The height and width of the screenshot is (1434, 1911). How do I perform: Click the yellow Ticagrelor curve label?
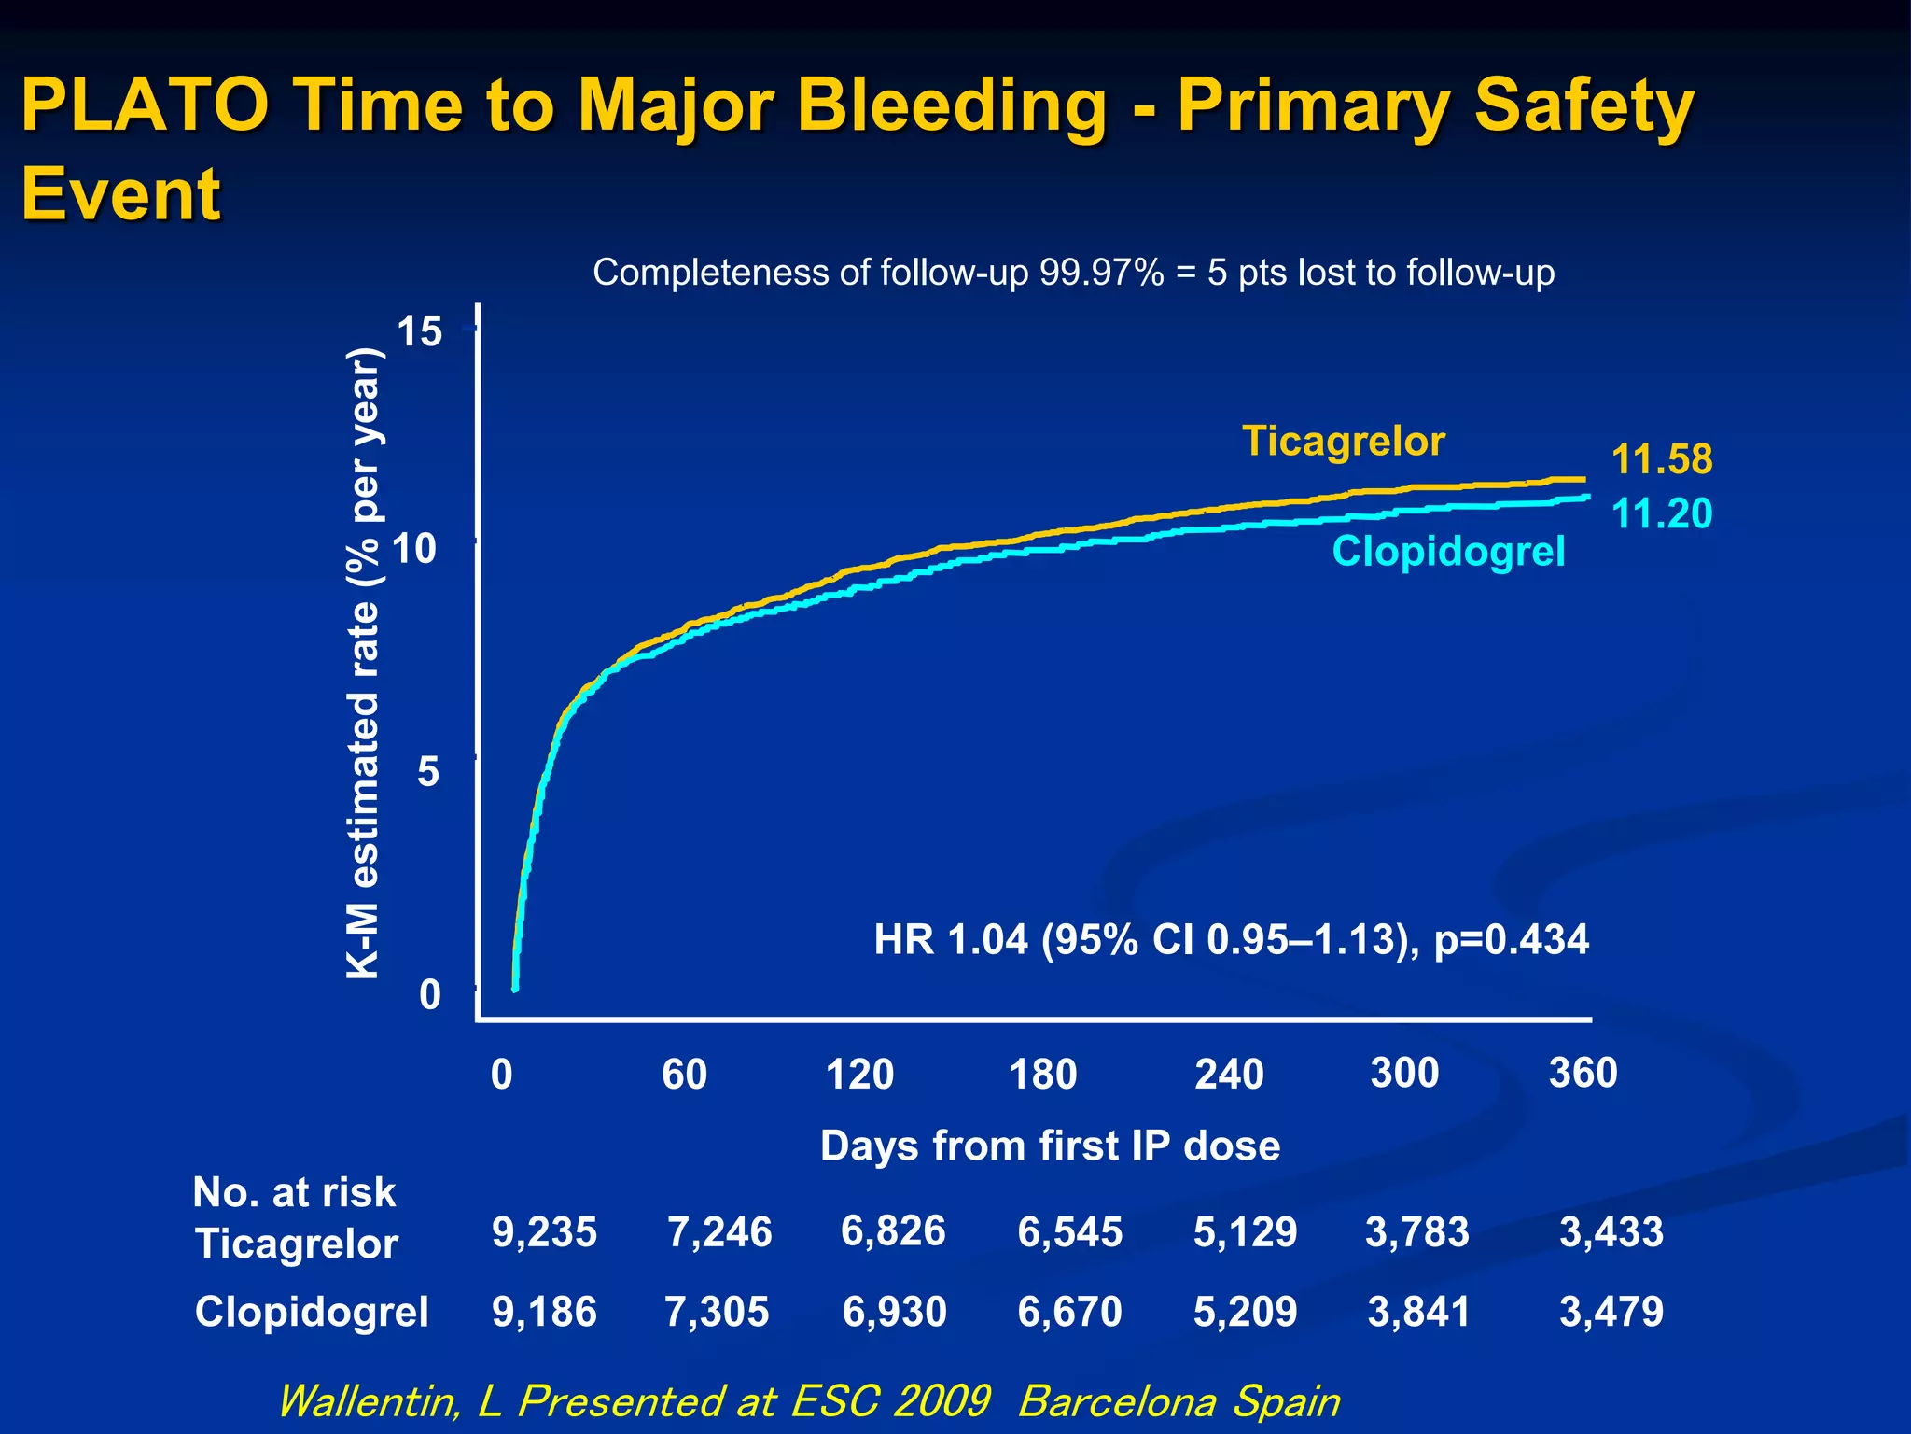coord(1343,441)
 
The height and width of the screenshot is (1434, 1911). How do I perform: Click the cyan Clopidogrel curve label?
coord(1448,551)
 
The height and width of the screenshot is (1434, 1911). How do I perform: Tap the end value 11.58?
coord(1662,459)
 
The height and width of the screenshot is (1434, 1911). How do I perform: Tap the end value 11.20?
coord(1662,513)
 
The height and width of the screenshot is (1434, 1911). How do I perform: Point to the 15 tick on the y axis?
coord(419,331)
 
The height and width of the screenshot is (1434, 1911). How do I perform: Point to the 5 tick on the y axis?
coord(428,772)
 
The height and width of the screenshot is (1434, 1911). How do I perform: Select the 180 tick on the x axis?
coord(1043,1075)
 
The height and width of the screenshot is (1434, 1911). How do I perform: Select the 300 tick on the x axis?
coord(1404,1073)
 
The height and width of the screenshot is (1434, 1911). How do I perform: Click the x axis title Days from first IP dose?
coord(1050,1146)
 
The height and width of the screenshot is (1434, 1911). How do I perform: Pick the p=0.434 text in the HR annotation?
coord(1511,939)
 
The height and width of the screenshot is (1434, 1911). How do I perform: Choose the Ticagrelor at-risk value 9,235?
coord(544,1231)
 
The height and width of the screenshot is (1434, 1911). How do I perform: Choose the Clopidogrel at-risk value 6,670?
coord(1069,1312)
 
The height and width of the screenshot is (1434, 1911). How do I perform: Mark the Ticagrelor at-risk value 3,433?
coord(1611,1231)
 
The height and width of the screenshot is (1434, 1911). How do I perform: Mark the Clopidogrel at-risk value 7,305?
coord(717,1312)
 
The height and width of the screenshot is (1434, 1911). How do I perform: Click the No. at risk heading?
coord(294,1192)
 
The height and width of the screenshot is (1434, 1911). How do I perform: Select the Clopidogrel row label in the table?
coord(312,1312)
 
